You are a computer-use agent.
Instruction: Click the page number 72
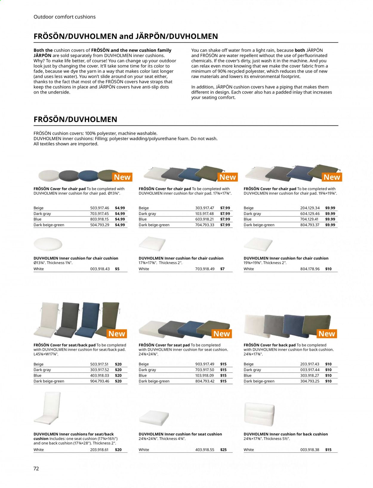[x=36, y=468]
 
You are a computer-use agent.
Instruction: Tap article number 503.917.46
[x=100, y=208]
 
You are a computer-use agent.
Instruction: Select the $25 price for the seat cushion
[x=223, y=450]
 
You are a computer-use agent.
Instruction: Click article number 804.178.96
[x=310, y=269]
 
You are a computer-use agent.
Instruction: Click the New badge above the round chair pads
[x=122, y=177]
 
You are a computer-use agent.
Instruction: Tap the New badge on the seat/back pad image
[x=117, y=334]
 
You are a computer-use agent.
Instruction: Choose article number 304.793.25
[x=310, y=381]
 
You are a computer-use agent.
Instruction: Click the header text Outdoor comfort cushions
[x=64, y=17]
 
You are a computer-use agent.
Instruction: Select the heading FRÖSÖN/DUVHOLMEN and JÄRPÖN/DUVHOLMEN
[x=126, y=36]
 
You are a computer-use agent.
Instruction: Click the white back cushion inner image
[x=259, y=414]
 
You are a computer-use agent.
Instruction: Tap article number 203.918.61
[x=100, y=450]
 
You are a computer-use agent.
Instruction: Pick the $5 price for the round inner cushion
[x=117, y=269]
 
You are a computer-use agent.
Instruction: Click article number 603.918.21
[x=205, y=219]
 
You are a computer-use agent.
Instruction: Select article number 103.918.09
[x=205, y=375]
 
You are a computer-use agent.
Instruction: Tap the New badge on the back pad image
[x=327, y=334]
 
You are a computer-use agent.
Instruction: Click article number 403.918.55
[x=205, y=450]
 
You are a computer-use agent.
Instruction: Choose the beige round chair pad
[x=49, y=175]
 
